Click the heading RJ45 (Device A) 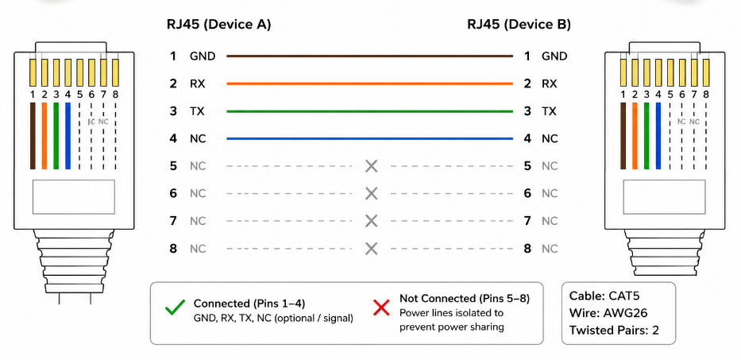(x=218, y=25)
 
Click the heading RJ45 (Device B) (x=519, y=25)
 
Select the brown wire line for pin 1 (x=369, y=56)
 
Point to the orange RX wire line (x=369, y=83)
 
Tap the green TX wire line (x=369, y=111)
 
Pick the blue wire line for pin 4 (x=369, y=139)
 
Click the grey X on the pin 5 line (x=372, y=166)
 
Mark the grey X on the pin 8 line (x=372, y=249)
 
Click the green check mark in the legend (x=175, y=309)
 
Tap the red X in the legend (x=381, y=308)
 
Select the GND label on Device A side (x=203, y=56)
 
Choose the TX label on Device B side (x=549, y=111)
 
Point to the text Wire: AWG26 (x=608, y=312)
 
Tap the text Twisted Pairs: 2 (x=614, y=330)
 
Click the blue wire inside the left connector (x=68, y=136)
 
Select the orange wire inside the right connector (x=635, y=136)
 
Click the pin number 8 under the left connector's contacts (x=115, y=95)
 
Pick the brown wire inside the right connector (x=623, y=136)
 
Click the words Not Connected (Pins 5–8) (x=465, y=299)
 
